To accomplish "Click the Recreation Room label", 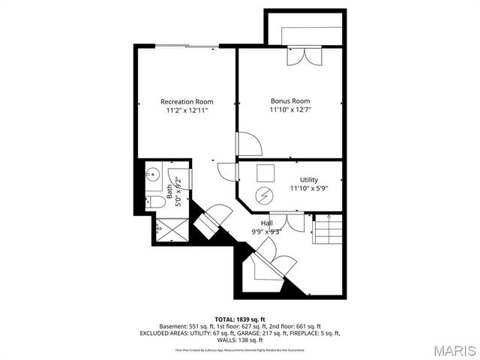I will pos(187,101).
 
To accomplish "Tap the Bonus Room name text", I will pos(290,100).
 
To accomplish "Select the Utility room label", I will pos(309,180).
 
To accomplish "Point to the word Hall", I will pos(266,223).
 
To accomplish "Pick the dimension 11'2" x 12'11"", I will pos(187,110).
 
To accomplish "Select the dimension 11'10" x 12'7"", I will pos(290,109).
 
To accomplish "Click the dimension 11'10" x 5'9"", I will pos(309,188).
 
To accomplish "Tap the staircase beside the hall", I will pos(328,228).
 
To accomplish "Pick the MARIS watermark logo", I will pos(448,349).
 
